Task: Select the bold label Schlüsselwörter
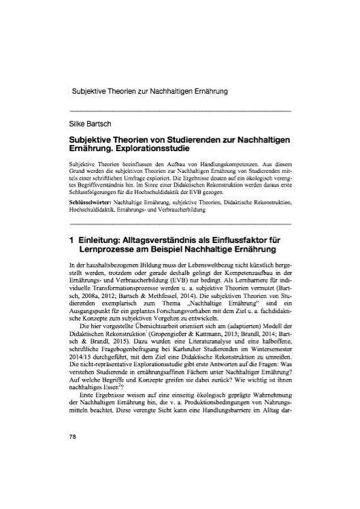(91, 184)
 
